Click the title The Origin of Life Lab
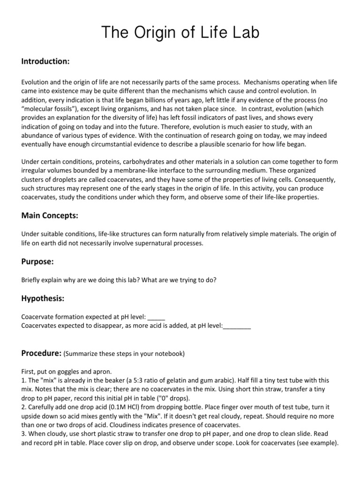click(180, 34)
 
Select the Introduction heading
click(45, 61)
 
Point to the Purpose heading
click(38, 261)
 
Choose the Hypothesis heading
click(43, 298)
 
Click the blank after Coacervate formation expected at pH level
click(156, 317)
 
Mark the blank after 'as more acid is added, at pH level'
click(237, 326)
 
